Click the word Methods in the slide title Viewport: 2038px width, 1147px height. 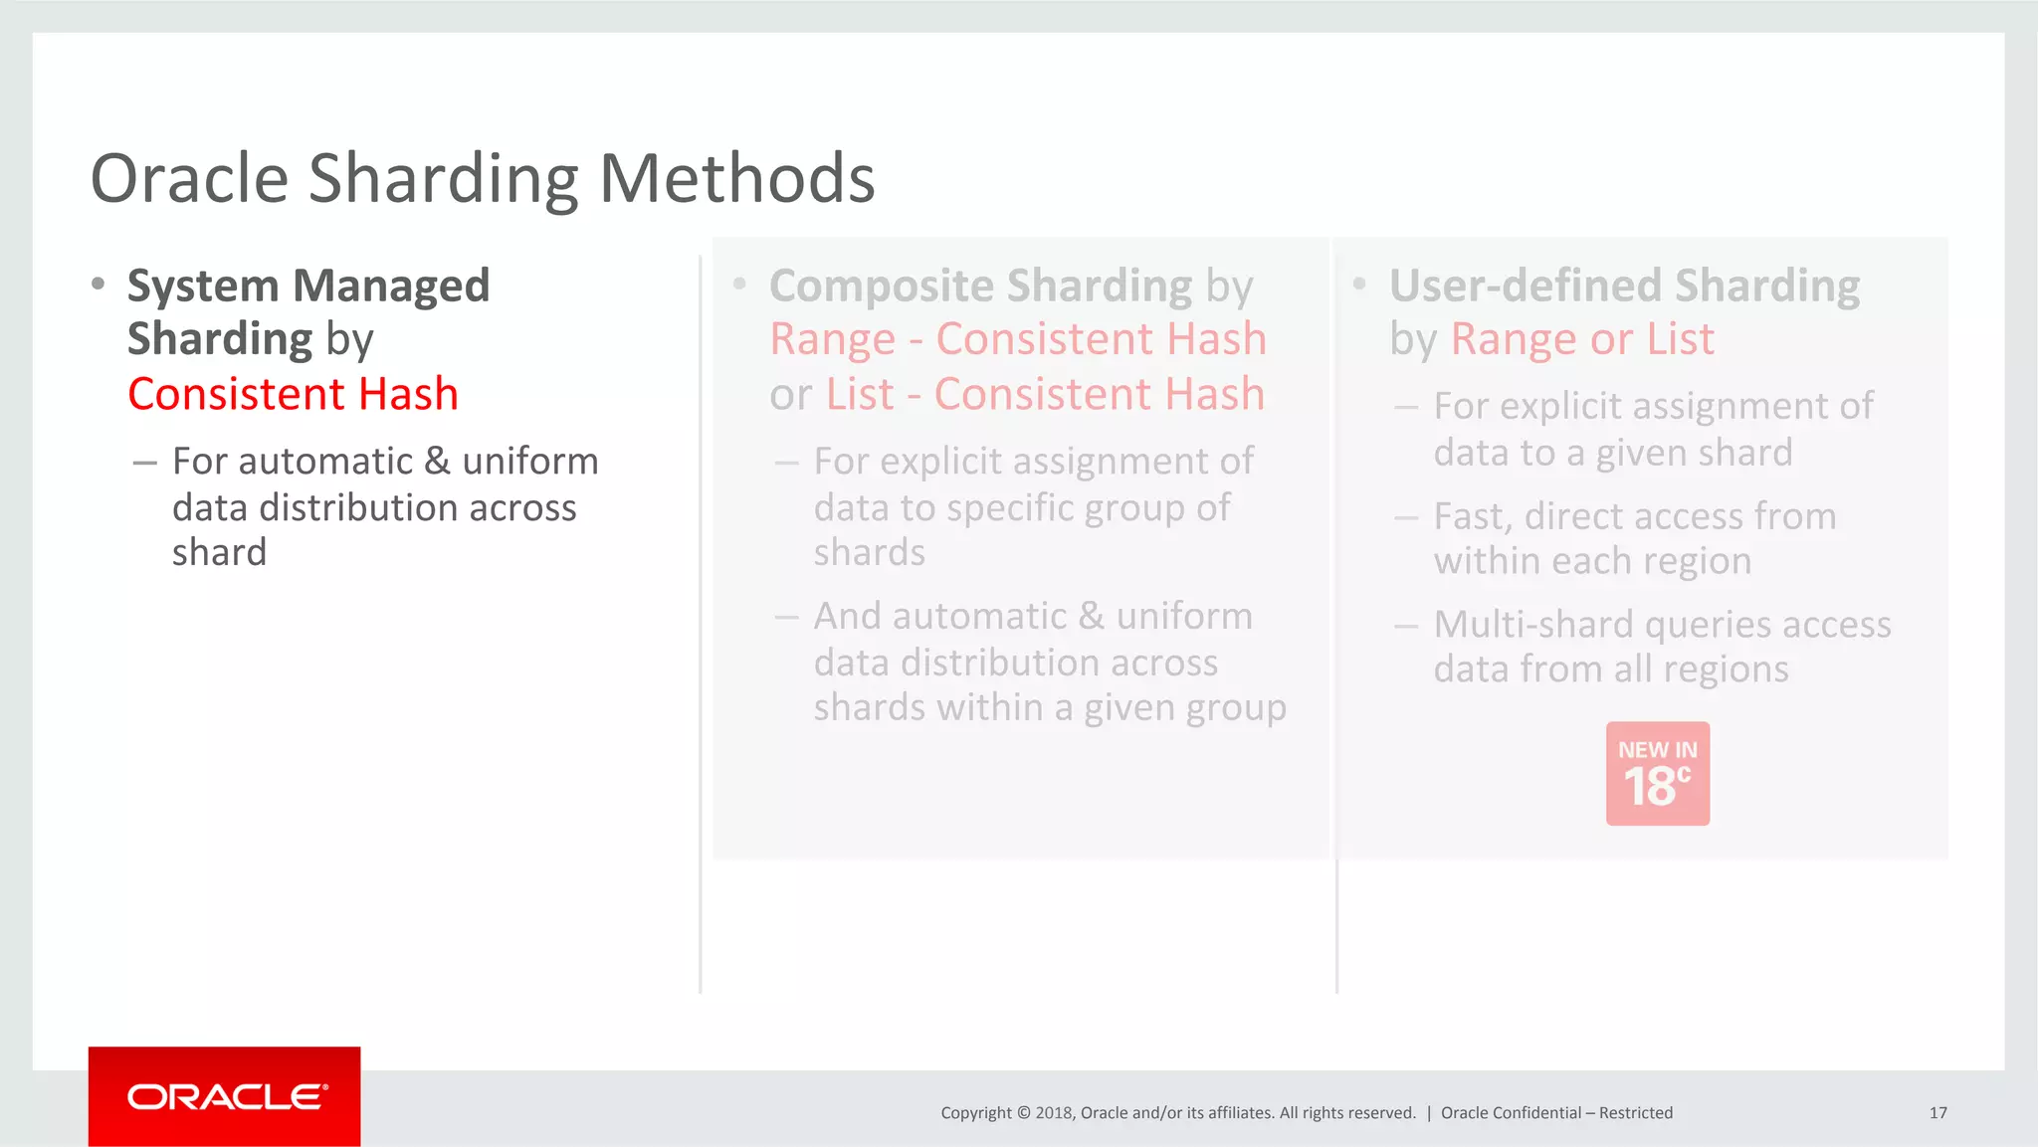736,179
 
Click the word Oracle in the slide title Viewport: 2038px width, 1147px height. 189,179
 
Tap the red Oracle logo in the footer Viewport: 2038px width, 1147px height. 225,1096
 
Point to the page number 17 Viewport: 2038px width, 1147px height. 1937,1113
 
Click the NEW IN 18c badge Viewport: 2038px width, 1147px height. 1657,774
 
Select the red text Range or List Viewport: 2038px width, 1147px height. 1582,339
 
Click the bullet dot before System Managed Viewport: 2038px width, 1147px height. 98,285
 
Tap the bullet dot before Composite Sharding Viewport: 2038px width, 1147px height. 739,285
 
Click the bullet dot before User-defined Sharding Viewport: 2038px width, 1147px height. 1359,285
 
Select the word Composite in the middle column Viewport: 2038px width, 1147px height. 880,286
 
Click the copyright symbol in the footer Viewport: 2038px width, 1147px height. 1023,1113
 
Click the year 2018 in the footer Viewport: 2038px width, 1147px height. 1053,1113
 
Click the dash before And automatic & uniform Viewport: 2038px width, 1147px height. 786,617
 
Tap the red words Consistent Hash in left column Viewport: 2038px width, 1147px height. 293,394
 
